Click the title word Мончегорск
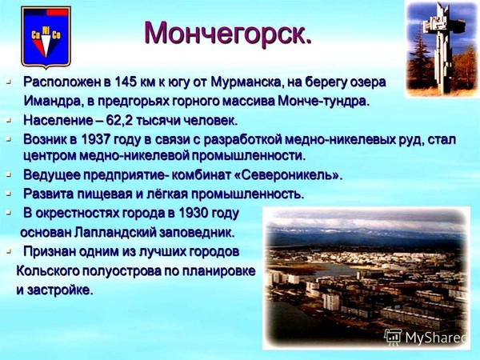(x=228, y=33)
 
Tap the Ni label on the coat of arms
(x=46, y=30)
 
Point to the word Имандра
(x=50, y=101)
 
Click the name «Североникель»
(x=288, y=174)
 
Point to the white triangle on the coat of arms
(x=46, y=46)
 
